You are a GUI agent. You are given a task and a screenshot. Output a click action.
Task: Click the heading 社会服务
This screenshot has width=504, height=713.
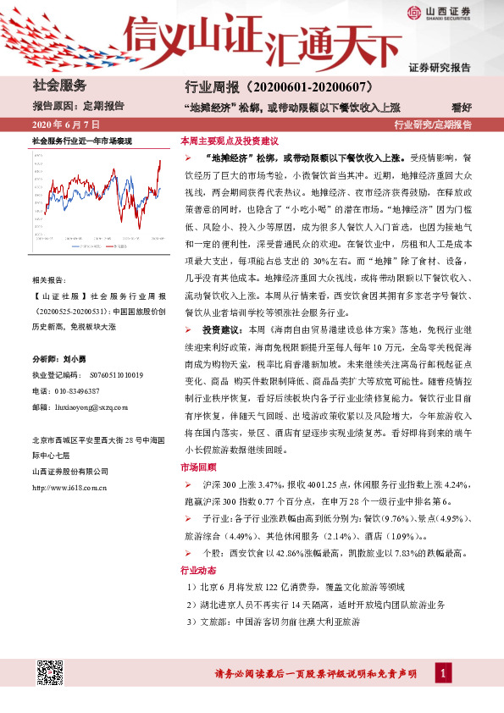[x=59, y=86]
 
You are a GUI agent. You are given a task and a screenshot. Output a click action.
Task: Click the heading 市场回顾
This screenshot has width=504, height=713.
[x=197, y=467]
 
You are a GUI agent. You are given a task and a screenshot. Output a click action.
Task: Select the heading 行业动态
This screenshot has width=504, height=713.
[x=197, y=569]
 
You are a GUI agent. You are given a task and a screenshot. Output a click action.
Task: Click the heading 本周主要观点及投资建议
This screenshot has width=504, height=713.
[x=230, y=141]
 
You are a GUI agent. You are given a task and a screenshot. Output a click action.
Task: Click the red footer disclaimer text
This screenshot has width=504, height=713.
[x=314, y=674]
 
